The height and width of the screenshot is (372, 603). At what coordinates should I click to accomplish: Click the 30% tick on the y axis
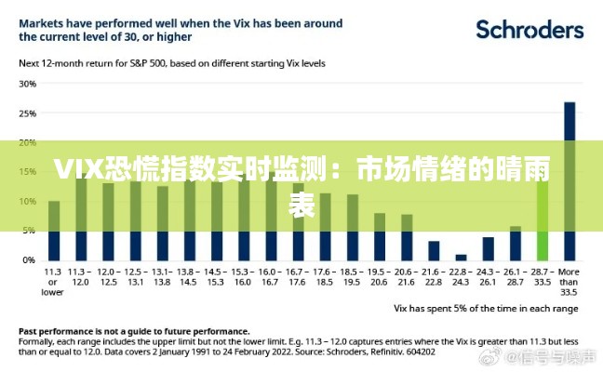coord(27,84)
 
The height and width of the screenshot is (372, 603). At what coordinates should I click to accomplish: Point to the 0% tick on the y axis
coord(29,259)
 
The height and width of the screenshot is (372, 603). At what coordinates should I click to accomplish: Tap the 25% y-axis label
coord(27,113)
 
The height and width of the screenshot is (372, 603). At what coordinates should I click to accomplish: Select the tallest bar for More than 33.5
coord(569,181)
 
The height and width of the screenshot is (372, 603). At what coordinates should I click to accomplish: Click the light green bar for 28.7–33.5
coord(543,220)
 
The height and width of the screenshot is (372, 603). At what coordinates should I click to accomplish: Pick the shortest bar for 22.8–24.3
coord(461,257)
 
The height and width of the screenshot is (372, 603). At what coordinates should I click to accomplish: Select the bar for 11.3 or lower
coord(54,231)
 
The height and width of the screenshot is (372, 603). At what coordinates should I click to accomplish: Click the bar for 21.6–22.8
coord(434,250)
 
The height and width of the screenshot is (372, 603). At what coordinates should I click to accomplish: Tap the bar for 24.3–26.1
coord(488,248)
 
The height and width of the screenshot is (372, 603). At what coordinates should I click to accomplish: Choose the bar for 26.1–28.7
coord(516,243)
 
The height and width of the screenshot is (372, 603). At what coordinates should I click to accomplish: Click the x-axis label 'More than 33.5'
coord(569,282)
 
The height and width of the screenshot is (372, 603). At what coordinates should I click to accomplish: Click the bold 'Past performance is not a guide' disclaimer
coord(134,330)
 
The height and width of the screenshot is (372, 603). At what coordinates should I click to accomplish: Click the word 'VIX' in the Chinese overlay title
coord(76,170)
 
